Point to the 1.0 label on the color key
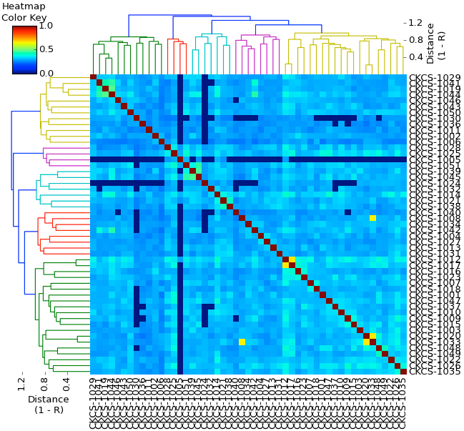(46, 26)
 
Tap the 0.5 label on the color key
(46, 49)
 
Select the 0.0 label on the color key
(46, 73)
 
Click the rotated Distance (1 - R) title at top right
(435, 40)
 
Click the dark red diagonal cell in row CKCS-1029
(93, 77)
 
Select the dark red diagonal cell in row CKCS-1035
(403, 372)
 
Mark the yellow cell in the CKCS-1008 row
(372, 218)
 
